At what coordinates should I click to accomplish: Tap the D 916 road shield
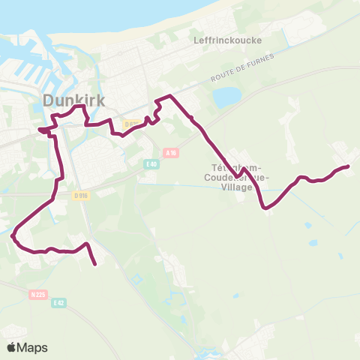(x=81, y=195)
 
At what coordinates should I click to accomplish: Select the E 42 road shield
(x=58, y=301)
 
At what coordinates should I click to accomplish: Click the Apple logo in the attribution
(x=11, y=347)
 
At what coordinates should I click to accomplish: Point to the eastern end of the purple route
(x=348, y=166)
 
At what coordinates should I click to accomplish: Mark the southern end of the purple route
(x=96, y=264)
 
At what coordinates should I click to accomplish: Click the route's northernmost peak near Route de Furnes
(x=171, y=95)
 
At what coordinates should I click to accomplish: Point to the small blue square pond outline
(x=136, y=280)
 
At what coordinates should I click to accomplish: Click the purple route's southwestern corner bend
(x=13, y=235)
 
